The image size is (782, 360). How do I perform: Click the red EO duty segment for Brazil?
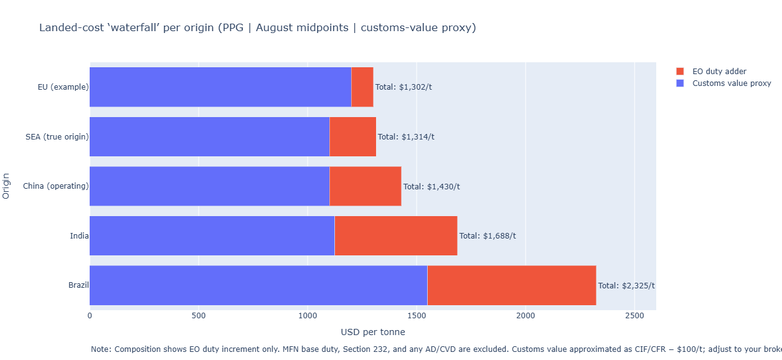pyautogui.click(x=511, y=285)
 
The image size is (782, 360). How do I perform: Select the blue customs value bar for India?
pyautogui.click(x=212, y=235)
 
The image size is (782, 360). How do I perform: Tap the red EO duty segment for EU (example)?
pyautogui.click(x=362, y=87)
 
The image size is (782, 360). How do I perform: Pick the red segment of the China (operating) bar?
pyautogui.click(x=365, y=186)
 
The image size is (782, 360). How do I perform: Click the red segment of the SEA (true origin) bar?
pyautogui.click(x=352, y=136)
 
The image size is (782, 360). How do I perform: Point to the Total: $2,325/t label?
pyautogui.click(x=626, y=286)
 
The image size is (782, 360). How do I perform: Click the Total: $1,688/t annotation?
pyautogui.click(x=488, y=236)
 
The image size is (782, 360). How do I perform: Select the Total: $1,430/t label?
pyautogui.click(x=431, y=186)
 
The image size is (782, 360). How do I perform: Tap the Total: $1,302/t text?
pyautogui.click(x=403, y=87)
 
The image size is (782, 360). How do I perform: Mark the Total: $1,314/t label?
pyautogui.click(x=406, y=137)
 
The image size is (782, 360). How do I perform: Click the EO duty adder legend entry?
pyautogui.click(x=719, y=72)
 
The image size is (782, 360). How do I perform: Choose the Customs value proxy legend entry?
pyautogui.click(x=732, y=83)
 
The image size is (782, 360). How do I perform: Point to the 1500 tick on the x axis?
pyautogui.click(x=417, y=316)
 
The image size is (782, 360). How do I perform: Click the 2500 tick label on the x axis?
pyautogui.click(x=634, y=316)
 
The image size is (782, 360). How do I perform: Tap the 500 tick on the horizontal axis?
pyautogui.click(x=199, y=316)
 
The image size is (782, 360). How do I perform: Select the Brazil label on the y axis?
pyautogui.click(x=78, y=286)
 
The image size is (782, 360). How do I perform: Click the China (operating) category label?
pyautogui.click(x=55, y=186)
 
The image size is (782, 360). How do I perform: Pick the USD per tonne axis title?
pyautogui.click(x=372, y=332)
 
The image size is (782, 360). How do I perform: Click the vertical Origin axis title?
pyautogui.click(x=6, y=186)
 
